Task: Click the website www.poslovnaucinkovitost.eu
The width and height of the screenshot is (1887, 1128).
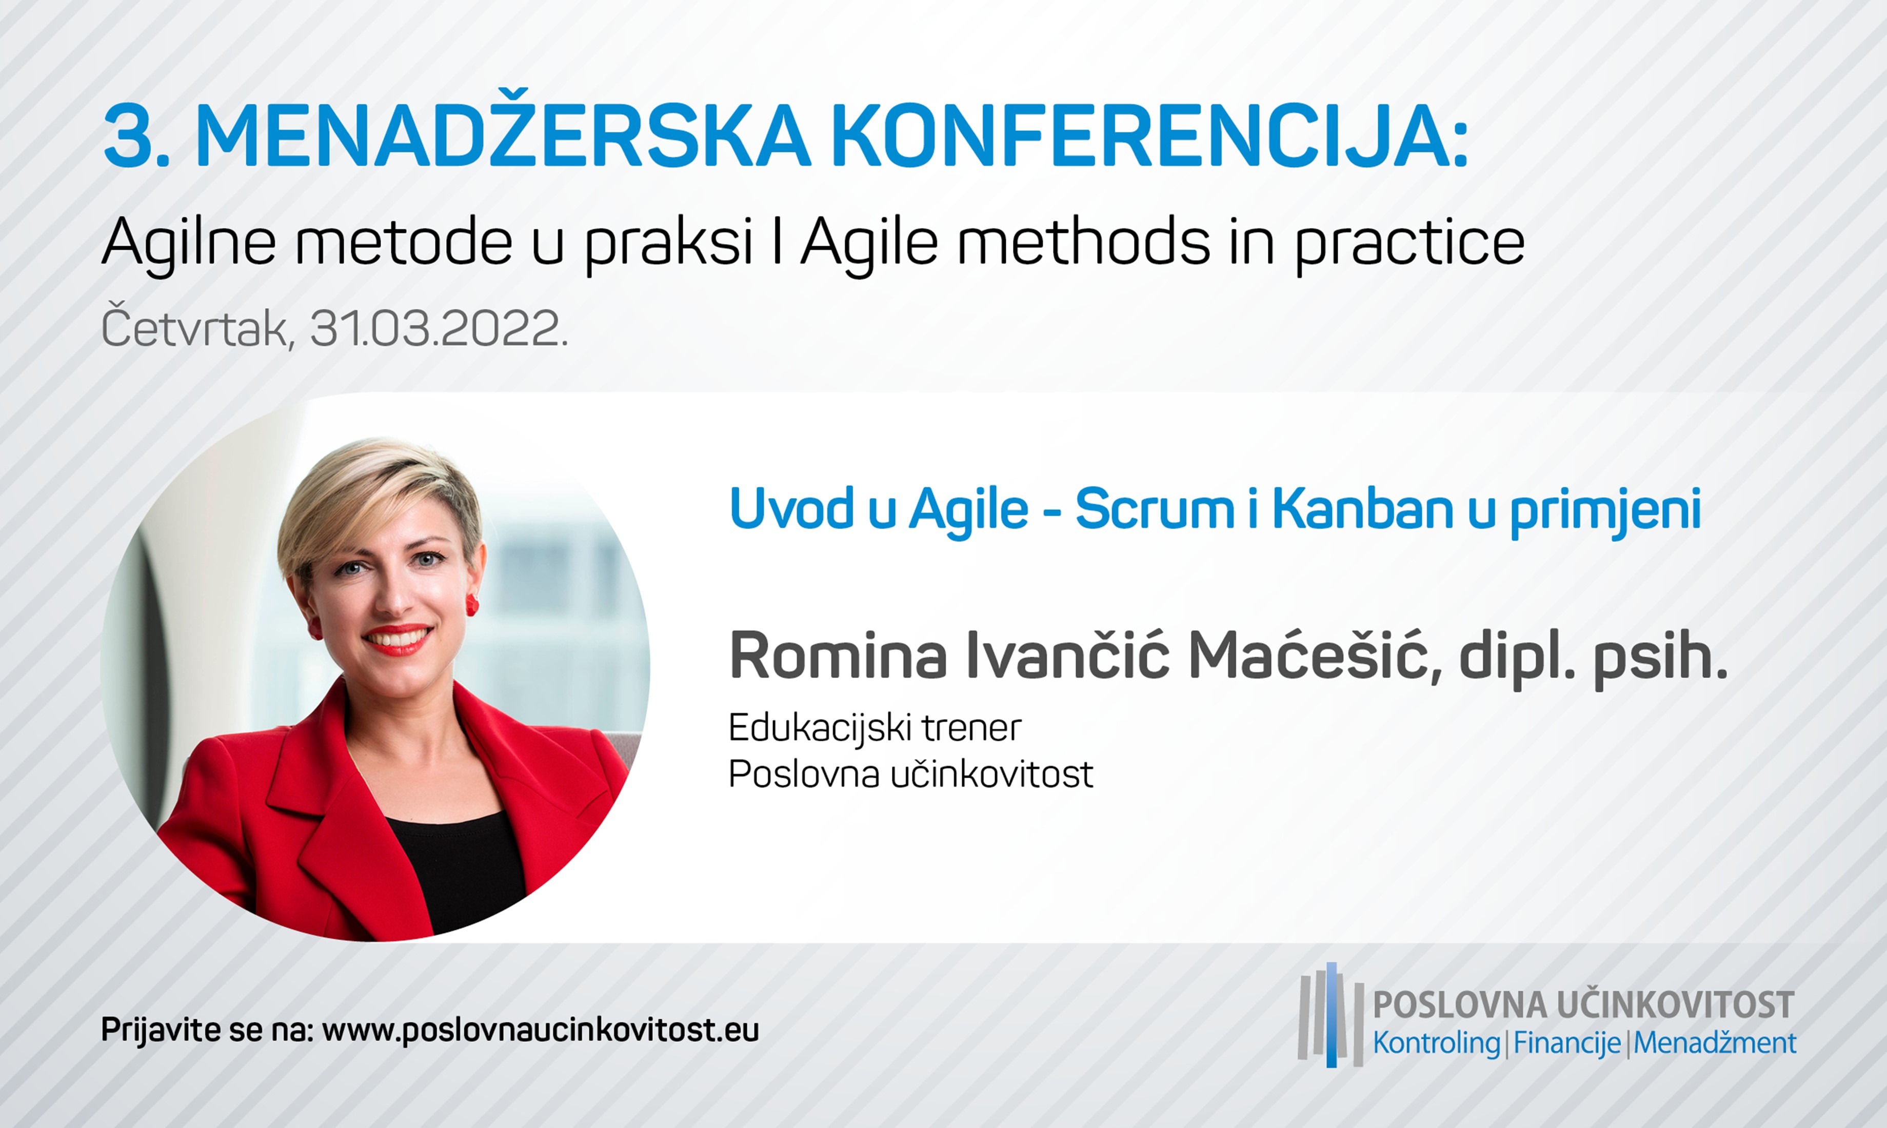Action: click(540, 1031)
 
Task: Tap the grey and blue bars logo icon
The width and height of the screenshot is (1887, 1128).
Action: click(1330, 1014)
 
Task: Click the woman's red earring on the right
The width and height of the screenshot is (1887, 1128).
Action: click(471, 606)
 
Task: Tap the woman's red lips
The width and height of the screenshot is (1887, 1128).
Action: click(398, 639)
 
